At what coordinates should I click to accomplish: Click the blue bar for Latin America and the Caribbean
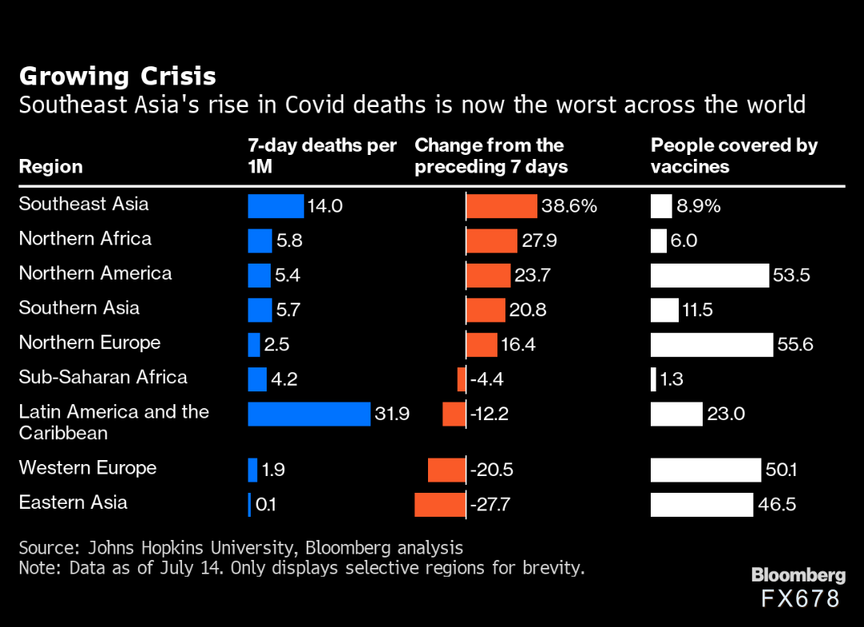coord(309,414)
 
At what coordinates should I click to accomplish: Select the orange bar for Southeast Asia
coord(501,206)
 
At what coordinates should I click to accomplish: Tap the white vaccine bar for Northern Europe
coord(711,344)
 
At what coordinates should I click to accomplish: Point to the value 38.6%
coord(569,206)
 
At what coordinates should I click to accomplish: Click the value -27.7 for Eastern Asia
coord(490,505)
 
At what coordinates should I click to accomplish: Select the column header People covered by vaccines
coord(734,156)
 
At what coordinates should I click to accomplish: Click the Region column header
coord(50,166)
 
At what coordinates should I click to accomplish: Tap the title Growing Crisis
coord(117,76)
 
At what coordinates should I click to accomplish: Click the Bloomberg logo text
coord(798,575)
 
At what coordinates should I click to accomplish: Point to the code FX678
coord(800,599)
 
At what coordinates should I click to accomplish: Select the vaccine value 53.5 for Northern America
coord(791,276)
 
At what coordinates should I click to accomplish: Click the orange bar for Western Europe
coord(446,470)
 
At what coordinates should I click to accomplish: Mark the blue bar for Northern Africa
coord(260,240)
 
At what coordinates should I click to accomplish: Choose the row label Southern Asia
coord(79,308)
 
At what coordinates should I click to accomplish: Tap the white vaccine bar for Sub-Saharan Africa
coord(653,379)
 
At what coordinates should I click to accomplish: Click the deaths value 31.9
coord(392,414)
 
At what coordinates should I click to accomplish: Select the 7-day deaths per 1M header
coord(322,156)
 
